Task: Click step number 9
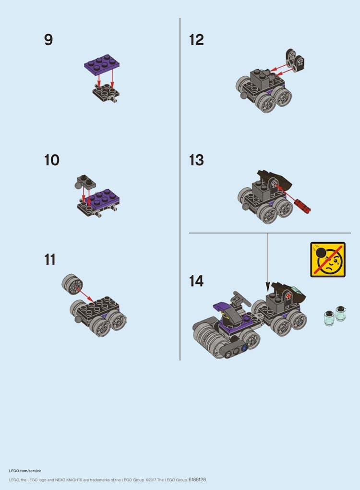48,40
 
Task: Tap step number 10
51,160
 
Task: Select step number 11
49,260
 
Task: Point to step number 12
196,40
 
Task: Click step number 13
196,160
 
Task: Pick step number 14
196,281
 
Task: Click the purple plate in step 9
102,64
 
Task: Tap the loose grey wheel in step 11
72,284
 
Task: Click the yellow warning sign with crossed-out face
328,259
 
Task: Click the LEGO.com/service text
25,471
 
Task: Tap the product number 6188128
197,479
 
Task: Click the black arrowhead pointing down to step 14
267,286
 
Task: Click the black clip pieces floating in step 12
295,60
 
